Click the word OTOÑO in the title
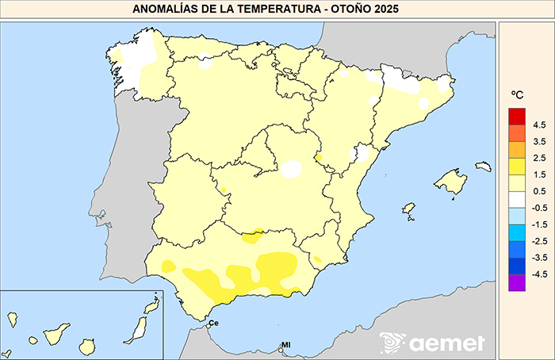[353, 10]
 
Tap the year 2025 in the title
[388, 10]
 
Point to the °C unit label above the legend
[516, 95]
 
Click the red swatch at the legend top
[517, 116]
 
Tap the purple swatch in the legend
[517, 281]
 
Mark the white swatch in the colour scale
[517, 198]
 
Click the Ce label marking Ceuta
[213, 324]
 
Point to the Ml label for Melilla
[286, 345]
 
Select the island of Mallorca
[450, 182]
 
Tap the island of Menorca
[483, 167]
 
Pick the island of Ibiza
[409, 209]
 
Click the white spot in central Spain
[292, 169]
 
